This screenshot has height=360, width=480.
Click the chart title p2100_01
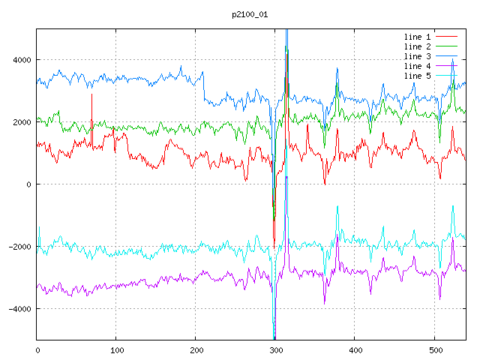[x=250, y=14]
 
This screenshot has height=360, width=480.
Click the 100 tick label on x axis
[x=116, y=349]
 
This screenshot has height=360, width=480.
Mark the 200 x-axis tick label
[x=196, y=349]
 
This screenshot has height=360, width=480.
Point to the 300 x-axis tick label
[x=275, y=349]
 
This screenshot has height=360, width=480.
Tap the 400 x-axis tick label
[x=355, y=349]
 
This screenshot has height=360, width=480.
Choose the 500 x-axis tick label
[x=434, y=349]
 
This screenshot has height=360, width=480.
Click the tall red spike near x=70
[x=91, y=96]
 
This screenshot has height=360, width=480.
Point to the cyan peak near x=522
[x=452, y=207]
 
